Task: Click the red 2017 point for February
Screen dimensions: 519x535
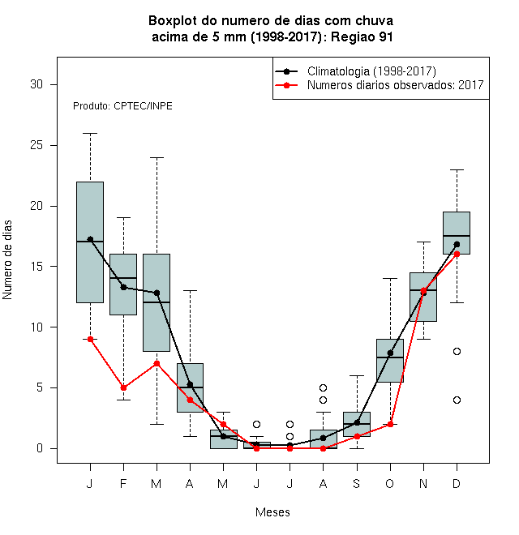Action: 123,387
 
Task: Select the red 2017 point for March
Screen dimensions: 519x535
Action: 157,363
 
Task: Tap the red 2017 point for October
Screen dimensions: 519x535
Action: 390,424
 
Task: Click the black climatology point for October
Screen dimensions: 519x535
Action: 390,353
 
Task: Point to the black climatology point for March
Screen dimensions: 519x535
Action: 157,293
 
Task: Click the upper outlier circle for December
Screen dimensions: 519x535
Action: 457,352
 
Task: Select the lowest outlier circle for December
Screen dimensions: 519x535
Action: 457,400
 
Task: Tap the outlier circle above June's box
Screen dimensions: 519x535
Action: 257,424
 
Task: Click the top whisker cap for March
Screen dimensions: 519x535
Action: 157,157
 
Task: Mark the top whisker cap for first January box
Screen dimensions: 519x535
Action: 90,134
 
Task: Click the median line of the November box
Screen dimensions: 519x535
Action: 423,290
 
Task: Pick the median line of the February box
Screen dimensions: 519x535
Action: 123,278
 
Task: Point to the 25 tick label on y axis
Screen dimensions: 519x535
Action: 36,145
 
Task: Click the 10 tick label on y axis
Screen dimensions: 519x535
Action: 36,327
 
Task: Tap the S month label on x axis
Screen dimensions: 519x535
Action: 357,483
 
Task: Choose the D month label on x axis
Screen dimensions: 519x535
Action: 457,483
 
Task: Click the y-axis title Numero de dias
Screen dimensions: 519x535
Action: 7,260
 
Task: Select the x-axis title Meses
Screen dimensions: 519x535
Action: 272,512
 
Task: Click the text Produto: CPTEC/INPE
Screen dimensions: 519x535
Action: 122,106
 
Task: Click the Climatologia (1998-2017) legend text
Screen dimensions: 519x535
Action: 371,71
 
